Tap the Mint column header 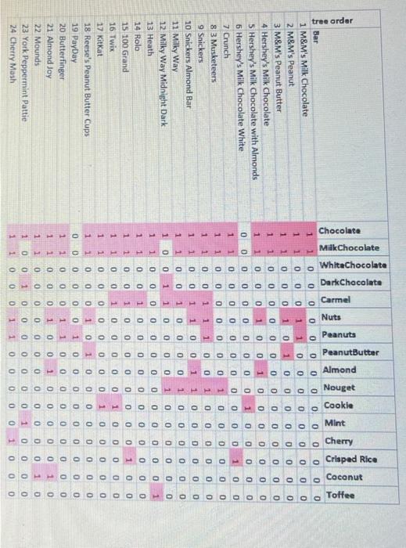pos(334,424)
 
